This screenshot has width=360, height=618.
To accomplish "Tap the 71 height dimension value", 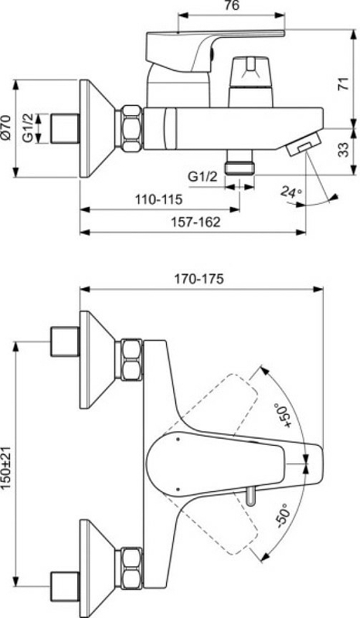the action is coord(345,84).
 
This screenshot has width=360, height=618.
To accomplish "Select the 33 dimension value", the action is coord(345,150).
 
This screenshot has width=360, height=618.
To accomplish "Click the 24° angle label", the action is coord(291,192).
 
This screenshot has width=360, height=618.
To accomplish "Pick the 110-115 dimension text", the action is coord(159,199).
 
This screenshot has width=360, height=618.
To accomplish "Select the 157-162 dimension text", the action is coord(195,222).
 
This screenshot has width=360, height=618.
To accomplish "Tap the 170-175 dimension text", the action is coord(199,279).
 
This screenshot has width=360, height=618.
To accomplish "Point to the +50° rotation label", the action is coord(284,415).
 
